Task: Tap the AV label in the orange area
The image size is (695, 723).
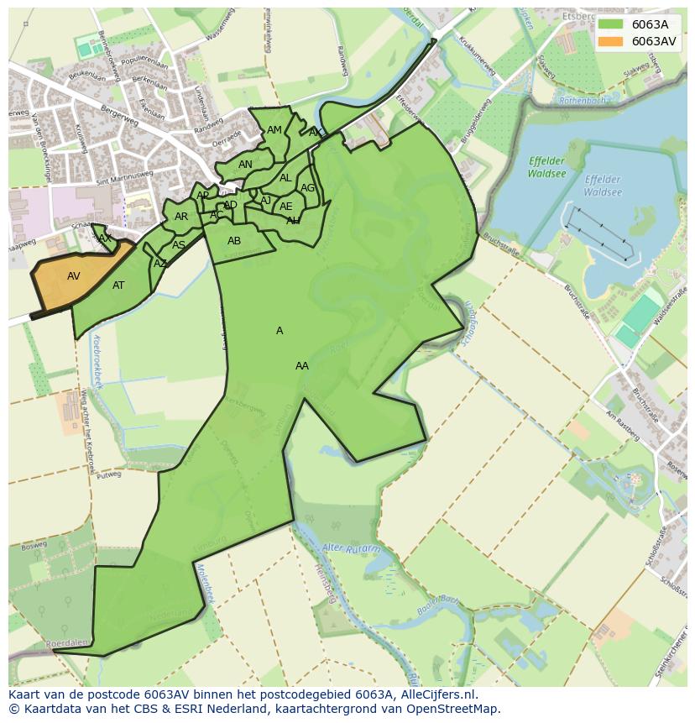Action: click(x=74, y=276)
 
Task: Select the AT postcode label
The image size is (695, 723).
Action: click(x=118, y=286)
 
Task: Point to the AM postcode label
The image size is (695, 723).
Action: click(x=274, y=130)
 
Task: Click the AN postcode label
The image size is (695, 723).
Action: click(x=245, y=165)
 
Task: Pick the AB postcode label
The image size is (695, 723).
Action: click(x=234, y=241)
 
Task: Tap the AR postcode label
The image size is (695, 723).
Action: click(x=181, y=217)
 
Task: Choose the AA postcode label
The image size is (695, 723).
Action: click(x=302, y=366)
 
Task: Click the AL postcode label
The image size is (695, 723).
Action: click(x=285, y=178)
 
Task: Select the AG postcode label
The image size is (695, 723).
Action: click(x=307, y=188)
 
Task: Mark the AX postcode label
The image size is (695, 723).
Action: click(x=105, y=238)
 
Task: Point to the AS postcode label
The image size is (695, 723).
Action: click(x=179, y=245)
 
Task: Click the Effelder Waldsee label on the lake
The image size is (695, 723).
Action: click(x=603, y=186)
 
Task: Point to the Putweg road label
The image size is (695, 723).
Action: click(x=109, y=474)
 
